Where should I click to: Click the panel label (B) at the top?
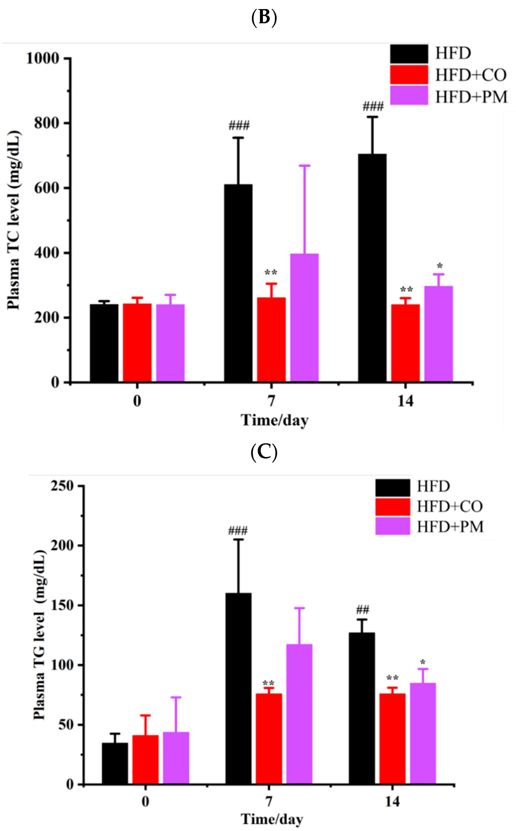point(263,17)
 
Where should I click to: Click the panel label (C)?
point(263,452)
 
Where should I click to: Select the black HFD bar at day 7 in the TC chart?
point(238,283)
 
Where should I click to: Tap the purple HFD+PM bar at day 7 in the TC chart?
point(304,317)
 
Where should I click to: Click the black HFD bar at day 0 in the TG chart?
point(115,764)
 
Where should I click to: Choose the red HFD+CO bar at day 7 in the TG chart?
point(269,739)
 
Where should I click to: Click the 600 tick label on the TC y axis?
point(47,188)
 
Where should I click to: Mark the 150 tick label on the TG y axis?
point(62,605)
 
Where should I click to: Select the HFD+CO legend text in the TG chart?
point(449,506)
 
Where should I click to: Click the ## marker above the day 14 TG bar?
point(362,610)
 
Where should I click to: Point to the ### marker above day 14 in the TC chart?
point(373,107)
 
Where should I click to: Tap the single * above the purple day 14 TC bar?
point(440,266)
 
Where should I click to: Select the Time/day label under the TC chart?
point(275,420)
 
